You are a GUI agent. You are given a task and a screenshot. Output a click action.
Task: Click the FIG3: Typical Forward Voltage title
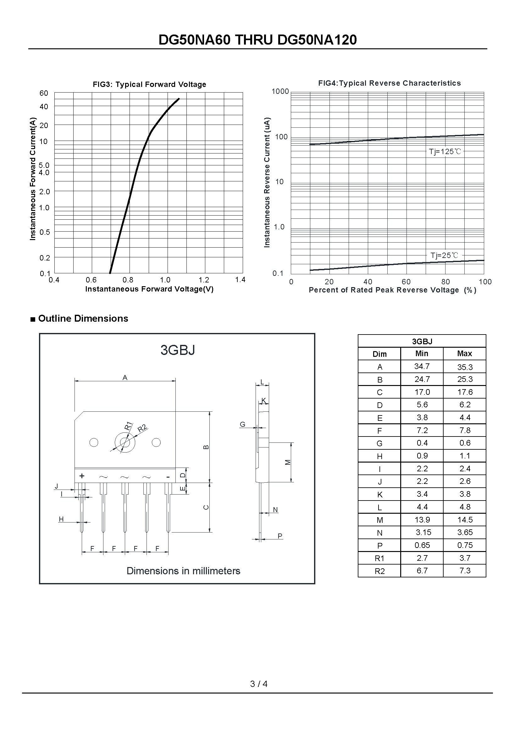point(149,84)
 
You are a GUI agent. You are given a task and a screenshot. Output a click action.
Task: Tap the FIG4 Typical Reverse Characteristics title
point(389,83)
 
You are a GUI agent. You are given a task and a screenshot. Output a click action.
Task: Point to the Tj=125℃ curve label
point(445,152)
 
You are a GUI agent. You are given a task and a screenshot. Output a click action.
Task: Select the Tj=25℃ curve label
point(444,255)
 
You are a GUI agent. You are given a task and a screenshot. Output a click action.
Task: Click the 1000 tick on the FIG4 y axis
point(280,91)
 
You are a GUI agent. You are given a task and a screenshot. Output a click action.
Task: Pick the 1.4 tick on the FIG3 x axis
point(240,280)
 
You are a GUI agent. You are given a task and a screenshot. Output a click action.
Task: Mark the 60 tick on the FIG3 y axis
point(44,93)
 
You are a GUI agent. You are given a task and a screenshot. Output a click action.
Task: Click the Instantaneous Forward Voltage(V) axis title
point(149,289)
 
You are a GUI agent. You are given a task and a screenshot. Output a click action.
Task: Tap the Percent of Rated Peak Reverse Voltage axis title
point(392,290)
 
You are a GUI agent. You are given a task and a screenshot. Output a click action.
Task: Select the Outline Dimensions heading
point(83,319)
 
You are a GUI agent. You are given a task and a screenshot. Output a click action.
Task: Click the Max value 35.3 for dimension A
point(465,367)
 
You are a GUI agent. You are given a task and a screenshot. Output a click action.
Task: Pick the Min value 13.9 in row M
point(422,520)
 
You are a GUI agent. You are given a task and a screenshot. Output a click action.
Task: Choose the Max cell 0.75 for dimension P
point(465,545)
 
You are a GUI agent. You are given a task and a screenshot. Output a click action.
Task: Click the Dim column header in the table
point(379,354)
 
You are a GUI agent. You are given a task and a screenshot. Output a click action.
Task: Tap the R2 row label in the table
point(379,571)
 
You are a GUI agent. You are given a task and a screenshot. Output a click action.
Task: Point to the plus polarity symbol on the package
point(82,476)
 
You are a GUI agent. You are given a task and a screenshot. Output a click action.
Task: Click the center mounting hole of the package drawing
point(125,442)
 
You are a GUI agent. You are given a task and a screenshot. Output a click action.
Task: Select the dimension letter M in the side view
point(288,462)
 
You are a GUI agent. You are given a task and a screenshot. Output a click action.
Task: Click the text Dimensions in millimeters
point(183,571)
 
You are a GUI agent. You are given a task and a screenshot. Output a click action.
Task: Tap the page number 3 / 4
point(259,684)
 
